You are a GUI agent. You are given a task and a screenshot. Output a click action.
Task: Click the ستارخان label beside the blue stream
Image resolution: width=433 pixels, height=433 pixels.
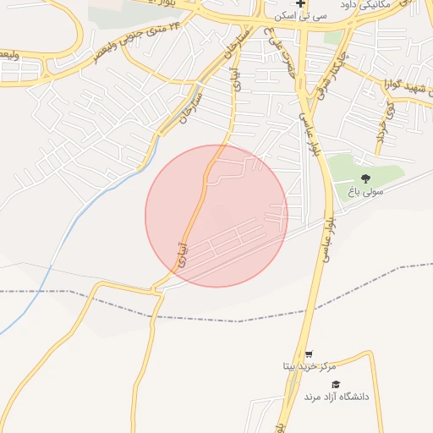click(x=189, y=106)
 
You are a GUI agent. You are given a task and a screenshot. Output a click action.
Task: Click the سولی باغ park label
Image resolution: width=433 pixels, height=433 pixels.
click(x=364, y=192)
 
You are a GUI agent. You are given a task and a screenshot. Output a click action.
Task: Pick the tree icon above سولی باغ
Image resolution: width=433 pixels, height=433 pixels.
click(x=365, y=178)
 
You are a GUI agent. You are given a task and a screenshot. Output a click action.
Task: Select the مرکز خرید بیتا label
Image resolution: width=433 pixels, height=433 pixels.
click(x=309, y=366)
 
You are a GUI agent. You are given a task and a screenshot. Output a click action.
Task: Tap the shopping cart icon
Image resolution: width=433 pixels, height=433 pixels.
click(x=309, y=354)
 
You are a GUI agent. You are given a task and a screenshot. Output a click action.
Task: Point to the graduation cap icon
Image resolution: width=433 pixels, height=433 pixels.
click(x=336, y=384)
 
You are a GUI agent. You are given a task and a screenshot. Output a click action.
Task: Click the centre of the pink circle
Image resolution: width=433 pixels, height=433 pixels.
click(x=216, y=216)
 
